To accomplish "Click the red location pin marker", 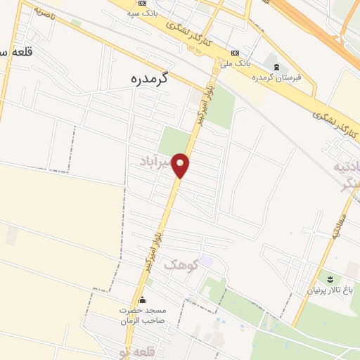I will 181,165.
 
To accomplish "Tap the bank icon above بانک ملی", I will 234,53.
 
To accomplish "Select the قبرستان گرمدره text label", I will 278,77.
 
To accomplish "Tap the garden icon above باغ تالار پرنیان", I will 329,278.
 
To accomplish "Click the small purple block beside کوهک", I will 206,261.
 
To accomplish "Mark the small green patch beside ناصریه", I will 75,23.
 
